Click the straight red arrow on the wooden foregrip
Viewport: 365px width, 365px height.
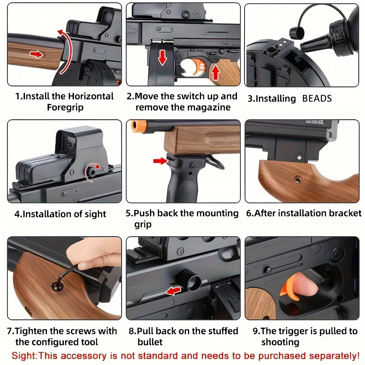tap(37, 54)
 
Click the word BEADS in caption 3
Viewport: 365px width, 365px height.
tap(317, 99)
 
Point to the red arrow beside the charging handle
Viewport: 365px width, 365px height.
tap(173, 291)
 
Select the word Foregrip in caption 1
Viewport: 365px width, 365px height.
tap(65, 108)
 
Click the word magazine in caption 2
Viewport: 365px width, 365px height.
tap(209, 107)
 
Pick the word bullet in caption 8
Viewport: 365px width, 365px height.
tap(150, 342)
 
